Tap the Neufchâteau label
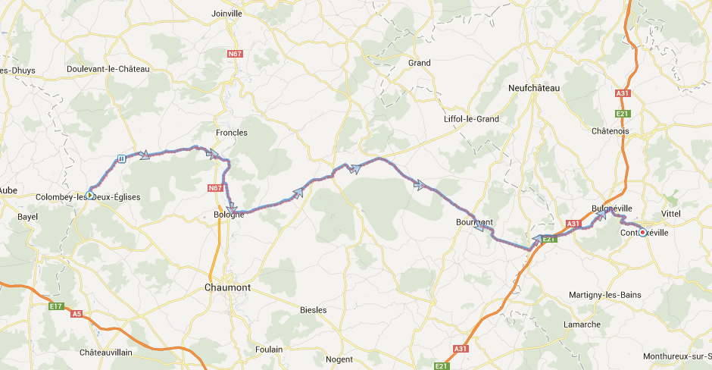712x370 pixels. coord(534,88)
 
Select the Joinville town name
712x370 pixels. coord(226,14)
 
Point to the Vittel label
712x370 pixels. coord(671,214)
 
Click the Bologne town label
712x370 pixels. coord(229,215)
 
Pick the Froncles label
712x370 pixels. coord(232,133)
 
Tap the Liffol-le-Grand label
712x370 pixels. coord(471,119)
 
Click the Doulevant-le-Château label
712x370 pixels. coord(108,69)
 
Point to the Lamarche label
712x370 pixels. coord(582,325)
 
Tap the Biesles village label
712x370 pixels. coord(313,309)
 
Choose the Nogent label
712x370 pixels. coord(339,359)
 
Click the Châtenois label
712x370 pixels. coord(610,131)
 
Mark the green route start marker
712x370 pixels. coord(89,195)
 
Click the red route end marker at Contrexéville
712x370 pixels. coord(642,233)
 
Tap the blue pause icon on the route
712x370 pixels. coord(121,158)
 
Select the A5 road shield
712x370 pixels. coord(77,313)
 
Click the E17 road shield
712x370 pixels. coord(55,306)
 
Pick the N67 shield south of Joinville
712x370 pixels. coord(234,55)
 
